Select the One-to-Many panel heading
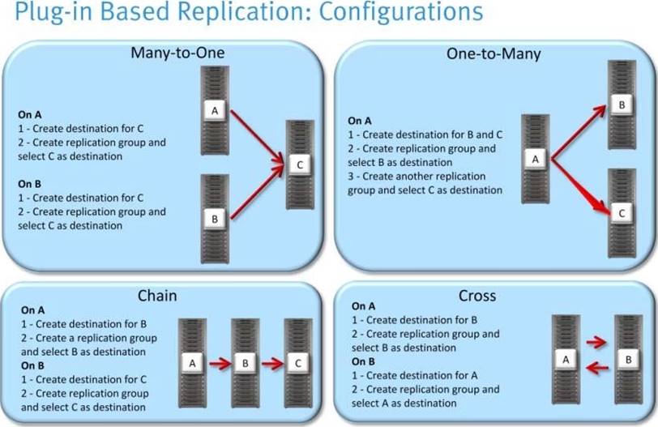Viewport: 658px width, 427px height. pos(494,54)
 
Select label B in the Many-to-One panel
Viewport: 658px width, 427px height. pos(216,219)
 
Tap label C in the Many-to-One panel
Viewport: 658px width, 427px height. pos(299,164)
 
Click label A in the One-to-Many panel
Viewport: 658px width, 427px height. pos(535,159)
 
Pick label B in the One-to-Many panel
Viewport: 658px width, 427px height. pos(621,105)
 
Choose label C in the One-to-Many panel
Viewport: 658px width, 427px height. pos(621,213)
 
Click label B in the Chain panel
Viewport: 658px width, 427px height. pos(246,364)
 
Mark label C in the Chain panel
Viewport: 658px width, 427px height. pos(298,364)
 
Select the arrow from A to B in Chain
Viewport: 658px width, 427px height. pos(220,364)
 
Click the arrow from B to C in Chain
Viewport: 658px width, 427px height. pos(272,364)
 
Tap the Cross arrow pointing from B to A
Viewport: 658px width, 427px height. pos(597,369)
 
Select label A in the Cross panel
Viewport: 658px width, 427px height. pos(567,358)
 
